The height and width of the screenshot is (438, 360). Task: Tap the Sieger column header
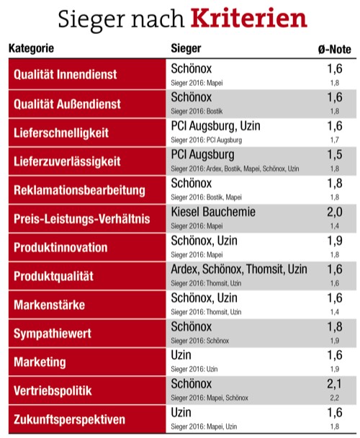[186, 49]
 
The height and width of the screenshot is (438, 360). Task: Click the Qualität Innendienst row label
[66, 75]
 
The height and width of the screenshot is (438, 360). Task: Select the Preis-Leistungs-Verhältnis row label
[80, 219]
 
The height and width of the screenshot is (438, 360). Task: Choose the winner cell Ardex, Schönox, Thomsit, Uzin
[239, 269]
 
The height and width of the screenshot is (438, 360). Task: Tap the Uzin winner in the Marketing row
[181, 355]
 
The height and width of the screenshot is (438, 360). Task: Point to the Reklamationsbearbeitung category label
[79, 190]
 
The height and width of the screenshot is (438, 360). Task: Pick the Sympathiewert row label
[53, 334]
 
